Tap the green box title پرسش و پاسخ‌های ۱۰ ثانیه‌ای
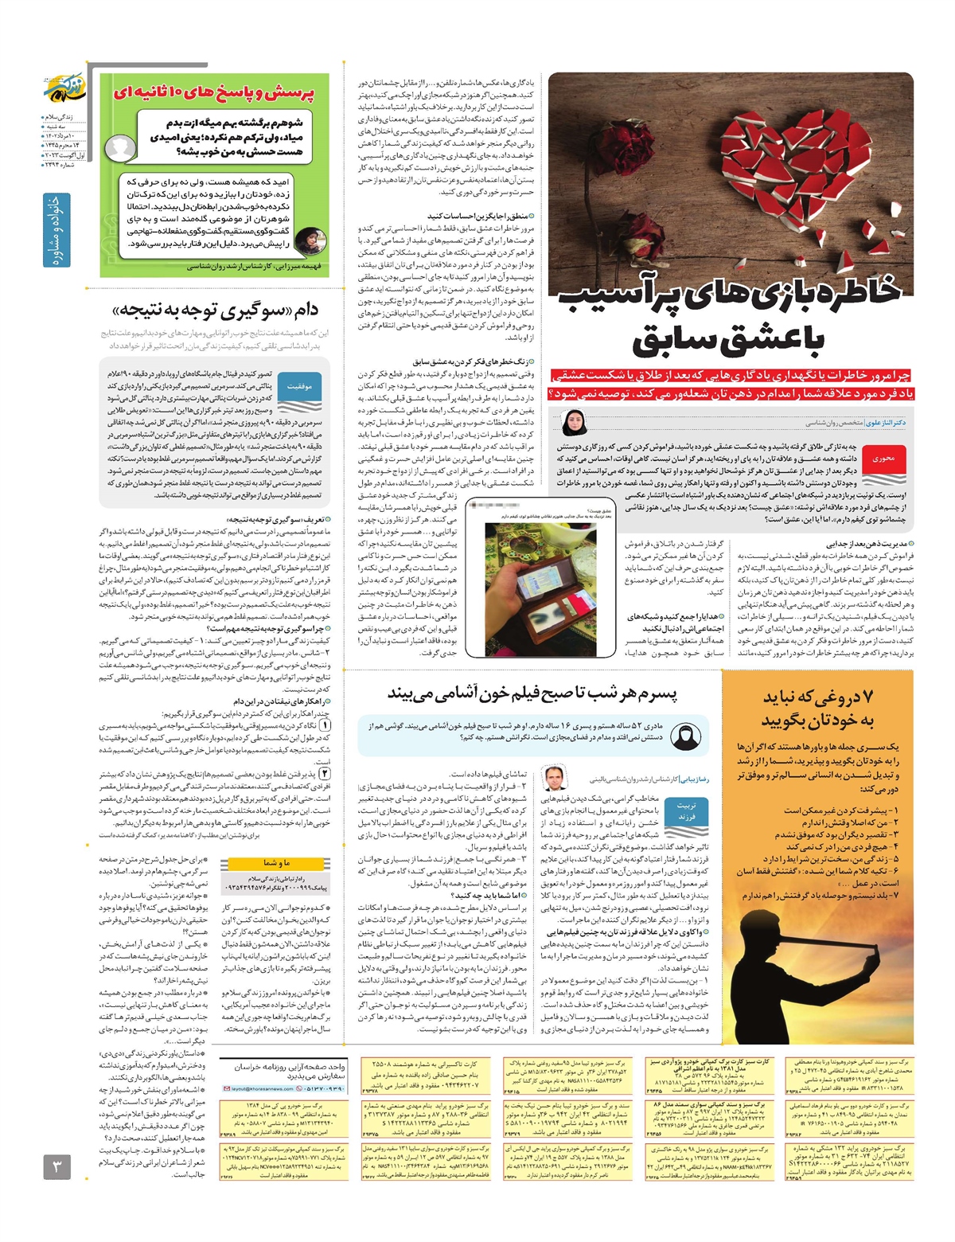(x=213, y=93)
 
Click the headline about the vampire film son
(x=532, y=693)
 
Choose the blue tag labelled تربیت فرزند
(x=686, y=811)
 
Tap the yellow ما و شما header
(x=276, y=862)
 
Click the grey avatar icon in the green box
(x=122, y=147)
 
